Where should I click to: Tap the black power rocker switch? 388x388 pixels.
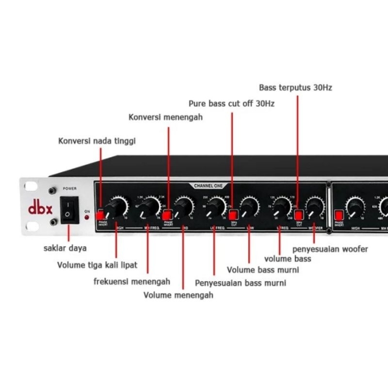(68, 210)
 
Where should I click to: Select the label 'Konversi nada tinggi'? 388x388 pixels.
(97, 141)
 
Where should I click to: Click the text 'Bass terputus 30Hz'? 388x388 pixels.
(295, 88)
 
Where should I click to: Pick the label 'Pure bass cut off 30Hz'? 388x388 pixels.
(231, 103)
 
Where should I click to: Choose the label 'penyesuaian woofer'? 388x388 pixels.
(330, 249)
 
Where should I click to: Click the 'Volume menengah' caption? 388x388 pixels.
(178, 294)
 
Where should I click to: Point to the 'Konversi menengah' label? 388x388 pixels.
(165, 117)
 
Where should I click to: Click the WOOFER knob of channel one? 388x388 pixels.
(315, 207)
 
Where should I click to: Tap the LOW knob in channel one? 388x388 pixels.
(249, 207)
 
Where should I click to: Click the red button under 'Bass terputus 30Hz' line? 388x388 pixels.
(298, 214)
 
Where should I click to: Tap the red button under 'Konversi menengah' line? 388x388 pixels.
(168, 213)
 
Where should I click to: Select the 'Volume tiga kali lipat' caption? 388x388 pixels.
(97, 265)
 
